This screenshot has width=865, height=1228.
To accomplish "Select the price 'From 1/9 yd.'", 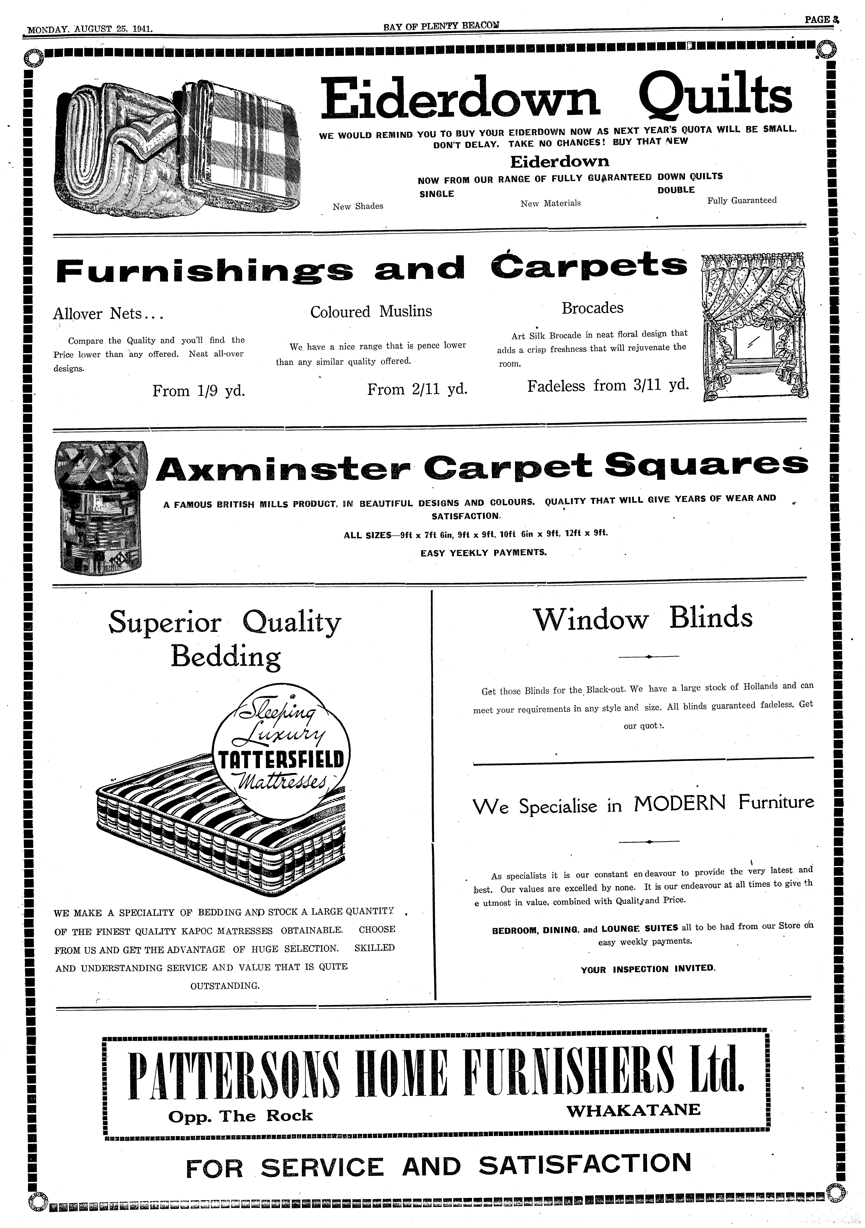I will [x=198, y=391].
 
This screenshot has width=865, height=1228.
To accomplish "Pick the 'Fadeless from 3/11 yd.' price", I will [x=608, y=386].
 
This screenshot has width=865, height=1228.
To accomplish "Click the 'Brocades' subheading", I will [x=592, y=308].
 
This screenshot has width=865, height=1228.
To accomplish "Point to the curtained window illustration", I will [x=754, y=326].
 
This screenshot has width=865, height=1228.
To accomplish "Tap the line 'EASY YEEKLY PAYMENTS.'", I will [x=483, y=552].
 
